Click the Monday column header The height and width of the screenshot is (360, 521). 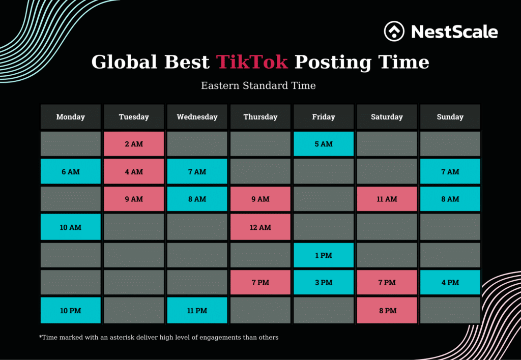[x=71, y=117]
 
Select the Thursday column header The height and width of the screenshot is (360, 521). [x=260, y=117]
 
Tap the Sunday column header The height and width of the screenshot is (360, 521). [x=450, y=117]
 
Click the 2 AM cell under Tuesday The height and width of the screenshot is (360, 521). [x=134, y=144]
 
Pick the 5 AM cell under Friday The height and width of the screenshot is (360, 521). [x=324, y=144]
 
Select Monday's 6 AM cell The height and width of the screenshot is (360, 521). [x=71, y=172]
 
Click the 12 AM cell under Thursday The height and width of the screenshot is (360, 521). [x=260, y=227]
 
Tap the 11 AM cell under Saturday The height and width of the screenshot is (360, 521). [x=387, y=199]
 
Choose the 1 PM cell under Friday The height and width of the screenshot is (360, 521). [x=324, y=255]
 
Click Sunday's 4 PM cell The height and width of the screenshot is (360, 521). [x=450, y=283]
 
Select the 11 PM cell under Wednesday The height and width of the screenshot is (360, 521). [x=197, y=311]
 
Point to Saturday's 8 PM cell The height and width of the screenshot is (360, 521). [x=387, y=311]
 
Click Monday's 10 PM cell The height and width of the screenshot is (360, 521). [x=71, y=311]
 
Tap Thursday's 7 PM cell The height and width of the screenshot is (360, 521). [x=260, y=283]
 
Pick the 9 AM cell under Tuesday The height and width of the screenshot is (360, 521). [x=134, y=199]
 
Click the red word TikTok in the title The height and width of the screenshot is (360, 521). [x=252, y=62]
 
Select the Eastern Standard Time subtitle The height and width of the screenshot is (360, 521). [x=258, y=86]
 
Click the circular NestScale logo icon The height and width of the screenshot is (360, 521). [x=394, y=32]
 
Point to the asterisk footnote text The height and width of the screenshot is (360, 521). [x=159, y=338]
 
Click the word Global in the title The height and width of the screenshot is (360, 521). [x=125, y=62]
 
